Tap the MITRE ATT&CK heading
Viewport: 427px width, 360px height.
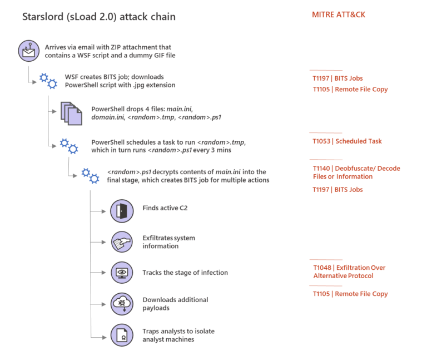point(339,15)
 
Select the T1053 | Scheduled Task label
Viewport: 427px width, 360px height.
point(347,141)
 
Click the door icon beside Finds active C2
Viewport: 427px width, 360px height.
point(122,211)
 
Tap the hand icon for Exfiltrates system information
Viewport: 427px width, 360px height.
point(122,242)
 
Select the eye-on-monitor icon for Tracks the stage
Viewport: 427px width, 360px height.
point(122,273)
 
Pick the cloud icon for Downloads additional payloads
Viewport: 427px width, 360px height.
point(122,304)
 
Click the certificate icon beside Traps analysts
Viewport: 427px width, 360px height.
point(122,335)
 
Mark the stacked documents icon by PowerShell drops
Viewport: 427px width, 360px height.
point(68,113)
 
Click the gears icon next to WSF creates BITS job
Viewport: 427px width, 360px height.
point(48,81)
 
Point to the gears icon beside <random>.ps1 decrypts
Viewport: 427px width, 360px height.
point(90,176)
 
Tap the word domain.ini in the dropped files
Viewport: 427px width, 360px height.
point(108,117)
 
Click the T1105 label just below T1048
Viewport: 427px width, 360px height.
point(350,294)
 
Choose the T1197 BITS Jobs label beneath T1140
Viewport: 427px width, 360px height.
point(337,190)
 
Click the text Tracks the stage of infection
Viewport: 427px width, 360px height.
point(185,273)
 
